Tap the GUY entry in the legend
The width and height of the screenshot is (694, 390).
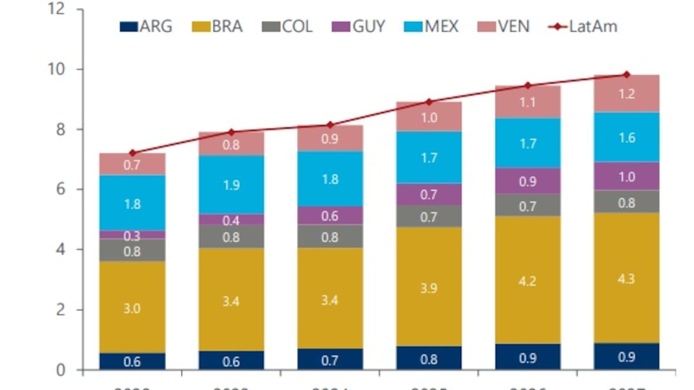pos(358,27)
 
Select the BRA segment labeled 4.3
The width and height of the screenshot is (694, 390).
pos(626,278)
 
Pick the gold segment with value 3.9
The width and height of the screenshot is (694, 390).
pos(429,287)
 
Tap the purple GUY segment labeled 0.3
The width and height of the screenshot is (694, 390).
pos(132,235)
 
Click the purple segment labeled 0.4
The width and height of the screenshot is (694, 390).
pos(231,220)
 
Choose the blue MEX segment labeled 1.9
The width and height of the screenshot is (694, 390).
pos(231,185)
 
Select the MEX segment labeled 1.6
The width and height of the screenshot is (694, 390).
pos(626,138)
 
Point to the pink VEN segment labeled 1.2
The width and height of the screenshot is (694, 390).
pos(626,94)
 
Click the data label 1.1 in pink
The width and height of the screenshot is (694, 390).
pos(527,102)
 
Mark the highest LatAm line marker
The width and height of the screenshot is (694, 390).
pos(626,75)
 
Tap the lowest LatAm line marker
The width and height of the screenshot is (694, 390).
pos(132,153)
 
